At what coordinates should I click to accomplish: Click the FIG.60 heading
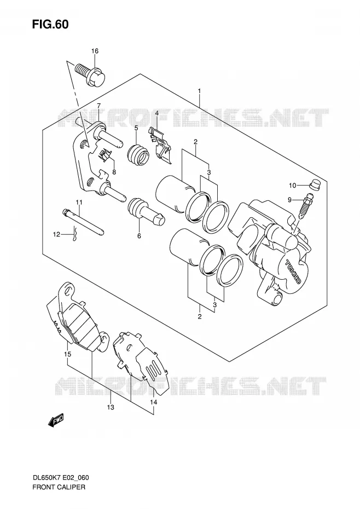[50, 24]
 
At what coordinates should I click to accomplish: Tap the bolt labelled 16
[91, 74]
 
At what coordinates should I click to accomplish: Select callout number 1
[199, 91]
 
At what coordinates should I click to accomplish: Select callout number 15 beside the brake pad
[67, 355]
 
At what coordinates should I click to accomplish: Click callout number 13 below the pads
[111, 407]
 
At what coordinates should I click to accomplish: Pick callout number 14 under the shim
[154, 402]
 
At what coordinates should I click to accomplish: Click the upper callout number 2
[195, 142]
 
